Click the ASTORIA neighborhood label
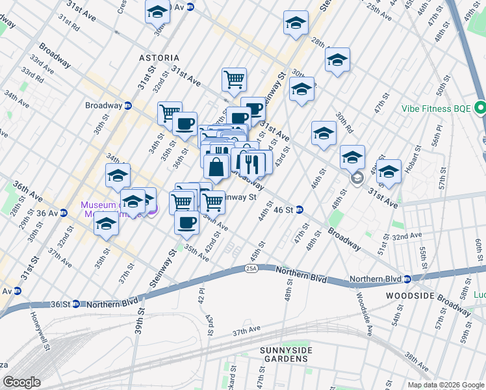click(159, 58)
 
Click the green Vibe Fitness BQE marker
click(480, 107)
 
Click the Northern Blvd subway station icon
click(407, 279)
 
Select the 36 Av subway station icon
click(63, 213)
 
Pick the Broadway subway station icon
click(128, 105)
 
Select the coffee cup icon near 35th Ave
click(186, 222)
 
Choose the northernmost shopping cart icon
click(234, 80)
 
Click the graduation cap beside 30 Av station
click(157, 11)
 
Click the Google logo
click(21, 382)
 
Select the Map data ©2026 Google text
click(445, 385)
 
